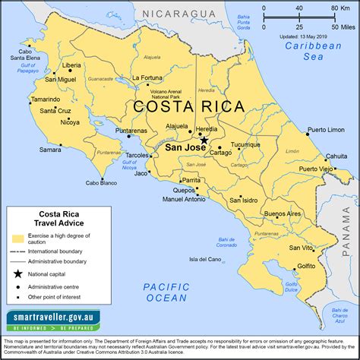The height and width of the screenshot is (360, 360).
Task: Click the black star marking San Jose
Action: click(x=203, y=141)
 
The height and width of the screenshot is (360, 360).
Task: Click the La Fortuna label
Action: click(x=148, y=77)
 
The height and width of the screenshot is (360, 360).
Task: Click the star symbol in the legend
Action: click(x=16, y=273)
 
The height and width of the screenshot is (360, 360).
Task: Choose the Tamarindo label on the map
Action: click(x=25, y=99)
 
